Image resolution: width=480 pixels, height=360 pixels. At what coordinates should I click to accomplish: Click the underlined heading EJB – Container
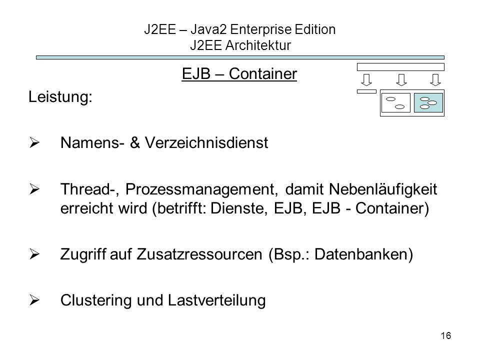tap(239, 74)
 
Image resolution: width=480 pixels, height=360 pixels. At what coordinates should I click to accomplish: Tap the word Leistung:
tap(60, 97)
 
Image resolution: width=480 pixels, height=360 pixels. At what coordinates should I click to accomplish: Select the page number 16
tap(445, 336)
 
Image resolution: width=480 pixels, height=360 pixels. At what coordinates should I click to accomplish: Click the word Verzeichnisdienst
tap(206, 142)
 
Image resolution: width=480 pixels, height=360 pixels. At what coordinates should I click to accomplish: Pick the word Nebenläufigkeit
tap(382, 189)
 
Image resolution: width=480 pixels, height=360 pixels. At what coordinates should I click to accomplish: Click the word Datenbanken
tap(363, 254)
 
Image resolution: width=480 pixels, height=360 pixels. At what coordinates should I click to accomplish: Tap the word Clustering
tap(96, 300)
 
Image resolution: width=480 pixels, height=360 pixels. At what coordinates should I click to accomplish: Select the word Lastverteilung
tap(216, 300)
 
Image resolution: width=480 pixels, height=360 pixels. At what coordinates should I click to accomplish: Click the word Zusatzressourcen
tap(199, 254)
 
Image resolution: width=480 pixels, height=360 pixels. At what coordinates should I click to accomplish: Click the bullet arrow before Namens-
tap(34, 143)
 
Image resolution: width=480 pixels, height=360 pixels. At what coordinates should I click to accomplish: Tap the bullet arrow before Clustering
tap(34, 300)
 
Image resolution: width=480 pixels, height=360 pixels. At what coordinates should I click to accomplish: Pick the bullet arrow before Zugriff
tap(34, 254)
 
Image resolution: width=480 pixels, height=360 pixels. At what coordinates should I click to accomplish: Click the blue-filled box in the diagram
tap(428, 103)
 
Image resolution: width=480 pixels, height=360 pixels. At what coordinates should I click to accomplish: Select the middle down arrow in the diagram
tap(401, 80)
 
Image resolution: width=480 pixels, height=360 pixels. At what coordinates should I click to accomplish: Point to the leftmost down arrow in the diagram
tap(366, 80)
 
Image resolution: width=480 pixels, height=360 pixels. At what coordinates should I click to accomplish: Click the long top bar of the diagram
tap(400, 67)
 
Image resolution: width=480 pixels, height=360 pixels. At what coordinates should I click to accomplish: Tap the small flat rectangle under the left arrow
tap(366, 91)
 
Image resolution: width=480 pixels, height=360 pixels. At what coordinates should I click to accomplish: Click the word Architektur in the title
tap(258, 45)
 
